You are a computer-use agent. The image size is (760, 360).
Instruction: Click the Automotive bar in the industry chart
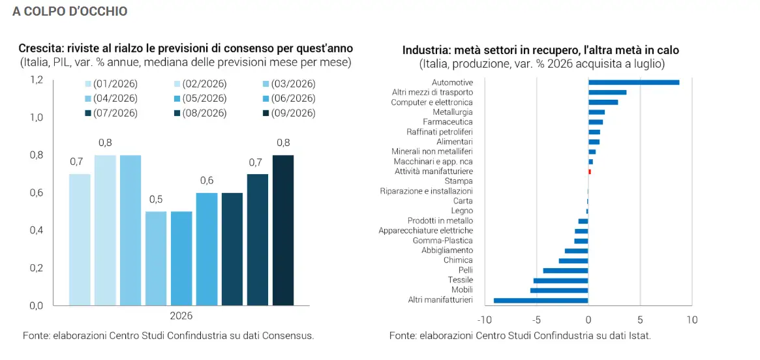point(633,82)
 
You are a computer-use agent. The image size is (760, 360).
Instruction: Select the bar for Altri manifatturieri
point(541,301)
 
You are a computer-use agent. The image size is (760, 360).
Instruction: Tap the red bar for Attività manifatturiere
point(589,172)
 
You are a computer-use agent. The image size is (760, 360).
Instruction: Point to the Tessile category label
point(461,280)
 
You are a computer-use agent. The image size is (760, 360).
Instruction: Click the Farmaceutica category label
point(448,121)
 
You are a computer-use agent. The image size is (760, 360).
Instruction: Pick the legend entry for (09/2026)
point(288,113)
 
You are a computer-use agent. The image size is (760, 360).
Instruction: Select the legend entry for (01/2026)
point(111,84)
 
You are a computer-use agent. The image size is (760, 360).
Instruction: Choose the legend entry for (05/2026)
point(200,98)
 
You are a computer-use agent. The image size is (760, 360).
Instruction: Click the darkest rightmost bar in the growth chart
point(283,230)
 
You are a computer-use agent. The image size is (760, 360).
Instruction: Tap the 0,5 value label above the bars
point(156,199)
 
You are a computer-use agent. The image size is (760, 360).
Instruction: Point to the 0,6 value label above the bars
point(207,181)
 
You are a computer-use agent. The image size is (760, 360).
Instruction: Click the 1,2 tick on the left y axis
point(37,80)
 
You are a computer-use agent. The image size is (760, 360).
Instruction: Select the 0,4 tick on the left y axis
point(37,230)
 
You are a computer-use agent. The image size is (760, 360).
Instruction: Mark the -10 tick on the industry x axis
point(484,320)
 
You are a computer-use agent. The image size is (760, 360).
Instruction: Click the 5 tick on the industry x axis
point(640,320)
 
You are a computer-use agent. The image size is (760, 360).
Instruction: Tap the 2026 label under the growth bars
point(181,316)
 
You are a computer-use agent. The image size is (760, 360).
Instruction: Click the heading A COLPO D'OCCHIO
point(70,12)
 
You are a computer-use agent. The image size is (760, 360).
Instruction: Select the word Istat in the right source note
point(637,336)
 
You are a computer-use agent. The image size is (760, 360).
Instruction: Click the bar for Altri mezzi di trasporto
point(607,92)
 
